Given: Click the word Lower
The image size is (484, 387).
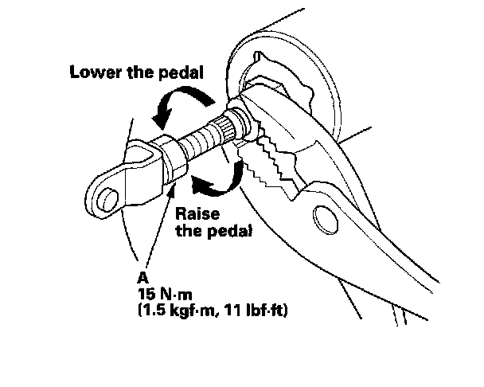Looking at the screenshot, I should click(94, 70).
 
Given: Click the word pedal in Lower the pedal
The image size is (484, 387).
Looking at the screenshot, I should click(181, 70).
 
